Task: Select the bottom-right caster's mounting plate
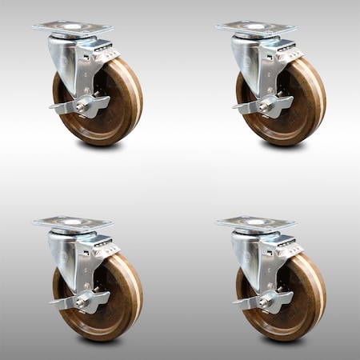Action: click(x=255, y=223)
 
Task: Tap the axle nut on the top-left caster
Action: click(x=82, y=106)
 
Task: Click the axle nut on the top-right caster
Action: click(x=265, y=106)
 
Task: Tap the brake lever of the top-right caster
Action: click(x=247, y=106)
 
